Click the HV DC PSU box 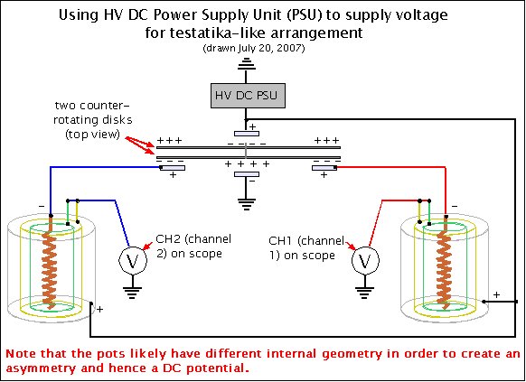pos(248,96)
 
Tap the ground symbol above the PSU pos(247,63)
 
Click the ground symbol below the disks pos(247,204)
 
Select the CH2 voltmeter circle pos(133,261)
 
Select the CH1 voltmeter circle pos(365,260)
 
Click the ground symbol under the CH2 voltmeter pos(133,293)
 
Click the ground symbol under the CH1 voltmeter pos(364,293)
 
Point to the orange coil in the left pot pos(50,262)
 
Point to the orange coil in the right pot pos(446,262)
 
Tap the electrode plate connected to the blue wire pos(173,168)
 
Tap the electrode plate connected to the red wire pos(324,168)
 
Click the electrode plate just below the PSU pos(247,134)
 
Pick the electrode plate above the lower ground pos(247,174)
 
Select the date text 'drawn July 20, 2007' pos(254,48)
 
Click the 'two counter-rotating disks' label pos(92,120)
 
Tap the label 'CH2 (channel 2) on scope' pos(193,247)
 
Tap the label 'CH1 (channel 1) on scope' pos(306,248)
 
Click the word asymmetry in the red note pos(41,368)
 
